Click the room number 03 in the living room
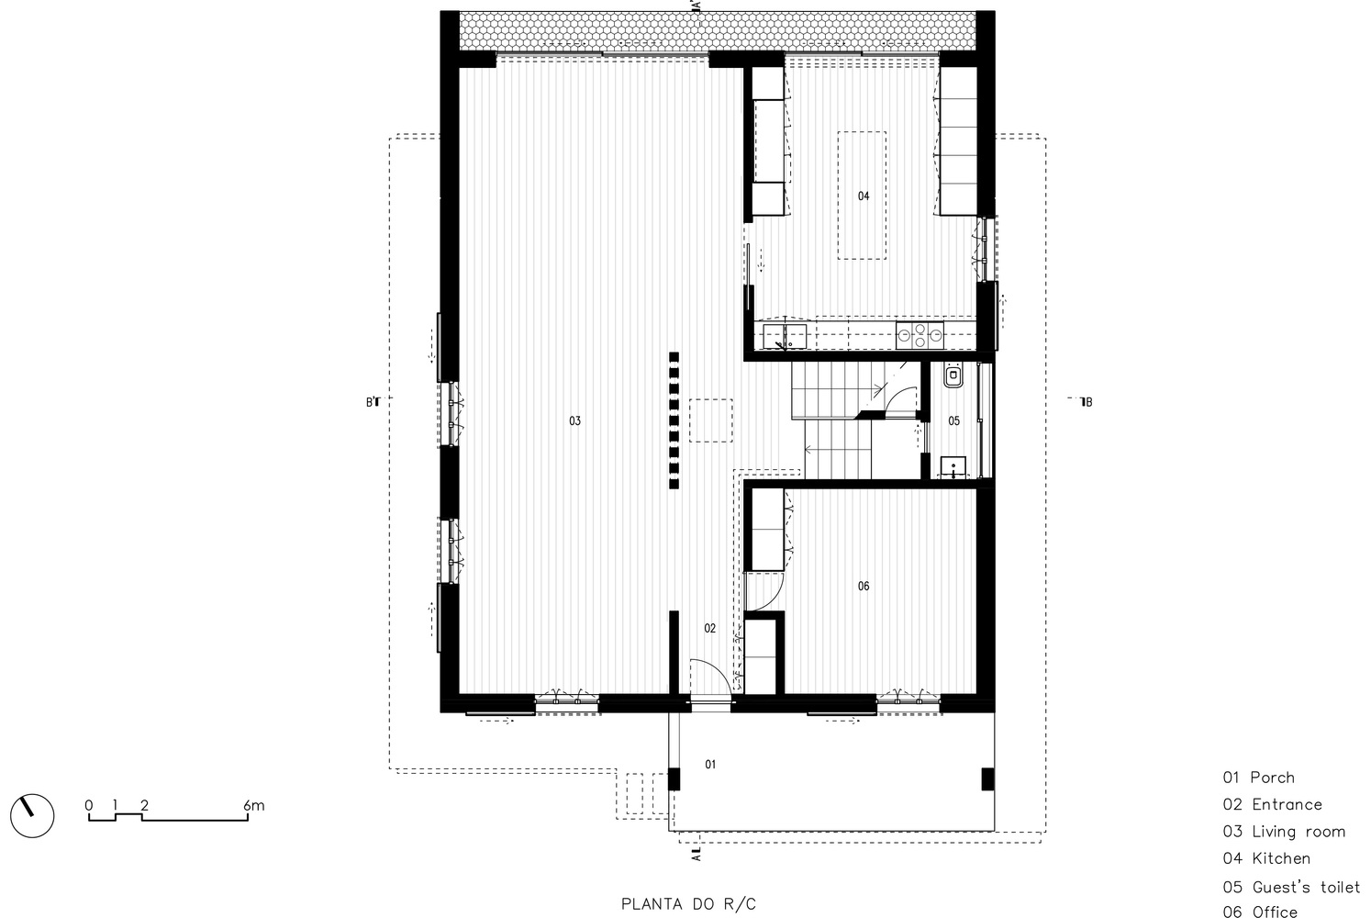574,420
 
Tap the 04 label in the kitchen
863,196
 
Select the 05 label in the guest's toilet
954,420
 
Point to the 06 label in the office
863,586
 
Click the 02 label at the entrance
709,628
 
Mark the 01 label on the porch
710,765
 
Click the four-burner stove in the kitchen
920,335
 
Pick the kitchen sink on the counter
785,337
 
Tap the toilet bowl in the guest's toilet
953,375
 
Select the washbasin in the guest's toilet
953,466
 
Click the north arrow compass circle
32,816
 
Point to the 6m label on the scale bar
254,805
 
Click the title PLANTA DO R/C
688,904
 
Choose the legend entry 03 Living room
1284,832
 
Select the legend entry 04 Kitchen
1266,858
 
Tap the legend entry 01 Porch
1259,778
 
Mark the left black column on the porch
674,779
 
